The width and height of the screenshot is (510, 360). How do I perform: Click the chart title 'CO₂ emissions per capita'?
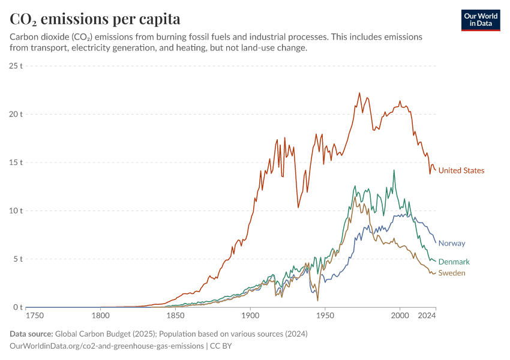(x=95, y=19)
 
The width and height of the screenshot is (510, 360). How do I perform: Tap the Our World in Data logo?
(x=481, y=20)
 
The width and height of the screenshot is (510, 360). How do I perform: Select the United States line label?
(x=461, y=170)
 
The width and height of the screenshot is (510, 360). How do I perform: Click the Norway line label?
(x=452, y=243)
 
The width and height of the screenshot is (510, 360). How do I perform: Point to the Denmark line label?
(x=454, y=262)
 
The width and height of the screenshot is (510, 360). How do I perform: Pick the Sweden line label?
(x=452, y=273)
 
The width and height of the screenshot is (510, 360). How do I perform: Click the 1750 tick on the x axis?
(x=35, y=316)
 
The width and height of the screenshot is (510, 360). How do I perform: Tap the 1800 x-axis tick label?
(x=100, y=316)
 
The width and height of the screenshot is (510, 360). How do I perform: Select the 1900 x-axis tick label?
(x=250, y=316)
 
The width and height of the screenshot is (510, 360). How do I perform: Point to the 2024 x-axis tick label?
(x=427, y=316)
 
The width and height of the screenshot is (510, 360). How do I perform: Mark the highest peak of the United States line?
(x=359, y=93)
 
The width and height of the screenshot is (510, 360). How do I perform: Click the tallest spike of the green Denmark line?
(x=394, y=170)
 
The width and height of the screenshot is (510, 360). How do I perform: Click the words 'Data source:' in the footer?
(x=31, y=334)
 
